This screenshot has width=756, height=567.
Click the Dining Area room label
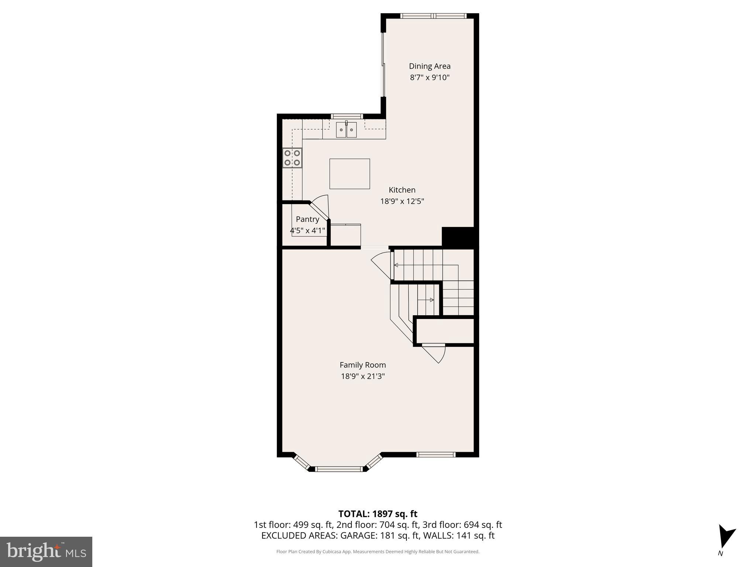429,66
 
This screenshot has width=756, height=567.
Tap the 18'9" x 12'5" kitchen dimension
402,201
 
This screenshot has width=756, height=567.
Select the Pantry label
307,219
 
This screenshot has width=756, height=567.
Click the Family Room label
362,365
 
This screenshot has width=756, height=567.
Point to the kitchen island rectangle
349,174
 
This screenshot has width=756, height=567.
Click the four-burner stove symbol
292,158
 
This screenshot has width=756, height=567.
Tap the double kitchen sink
346,130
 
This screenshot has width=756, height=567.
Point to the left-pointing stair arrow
396,265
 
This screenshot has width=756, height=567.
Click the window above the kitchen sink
346,116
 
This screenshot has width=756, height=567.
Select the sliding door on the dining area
383,65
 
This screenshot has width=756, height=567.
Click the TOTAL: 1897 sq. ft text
377,514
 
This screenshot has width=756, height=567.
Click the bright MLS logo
46,551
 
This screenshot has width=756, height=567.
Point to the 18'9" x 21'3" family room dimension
362,376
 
